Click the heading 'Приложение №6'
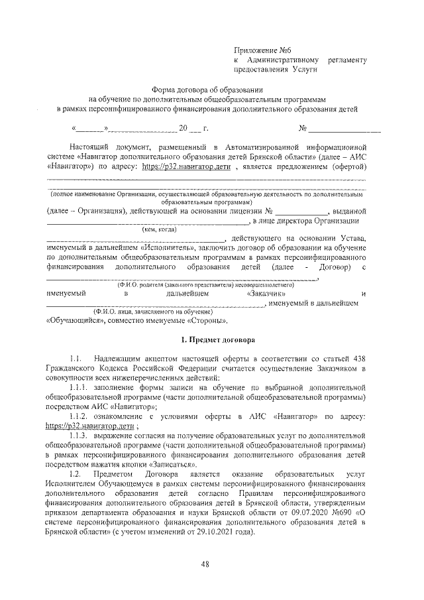(263, 50)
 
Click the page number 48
(205, 565)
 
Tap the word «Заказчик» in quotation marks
(266, 292)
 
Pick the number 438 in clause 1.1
(358, 357)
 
